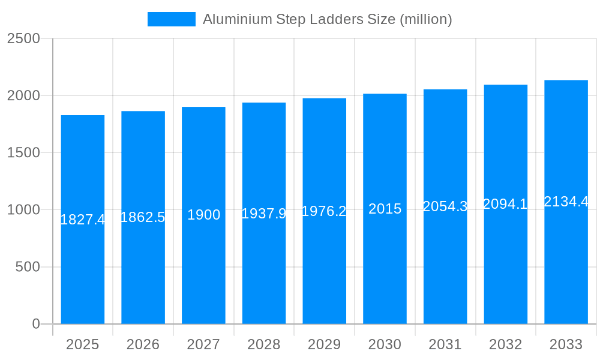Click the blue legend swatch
point(171,19)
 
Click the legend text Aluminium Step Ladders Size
point(327,19)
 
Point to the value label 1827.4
point(83,220)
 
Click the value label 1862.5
point(143,217)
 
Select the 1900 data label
point(203,215)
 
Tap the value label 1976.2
point(324,211)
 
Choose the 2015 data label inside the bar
point(385,209)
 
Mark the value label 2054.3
point(445,206)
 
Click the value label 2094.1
point(505,204)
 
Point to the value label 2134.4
point(566,202)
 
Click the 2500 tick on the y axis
point(23,38)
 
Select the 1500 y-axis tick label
point(23,152)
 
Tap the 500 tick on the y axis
point(28,267)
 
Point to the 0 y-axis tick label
point(35,324)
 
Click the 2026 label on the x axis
point(143,344)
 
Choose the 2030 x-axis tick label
point(385,344)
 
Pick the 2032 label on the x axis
point(505,344)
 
